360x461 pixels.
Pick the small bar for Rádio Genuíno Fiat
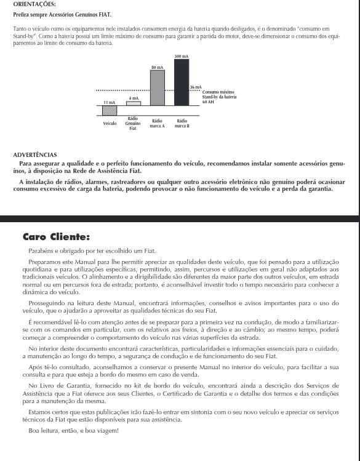pyautogui.click(x=134, y=103)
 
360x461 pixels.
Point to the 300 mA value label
pyautogui.click(x=182, y=57)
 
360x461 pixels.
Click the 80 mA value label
pyautogui.click(x=158, y=67)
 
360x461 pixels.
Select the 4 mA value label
pyautogui.click(x=134, y=98)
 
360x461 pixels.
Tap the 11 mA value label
pyautogui.click(x=110, y=103)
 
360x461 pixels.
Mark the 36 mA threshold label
pyautogui.click(x=196, y=88)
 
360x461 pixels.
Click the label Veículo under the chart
pyautogui.click(x=110, y=123)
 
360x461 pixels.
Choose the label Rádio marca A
pyautogui.click(x=158, y=123)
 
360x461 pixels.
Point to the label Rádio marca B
pyautogui.click(x=182, y=123)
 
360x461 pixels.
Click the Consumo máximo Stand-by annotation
pyautogui.click(x=218, y=97)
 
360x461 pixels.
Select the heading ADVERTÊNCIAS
pyautogui.click(x=34, y=155)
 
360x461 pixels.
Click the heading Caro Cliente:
pyautogui.click(x=56, y=237)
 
